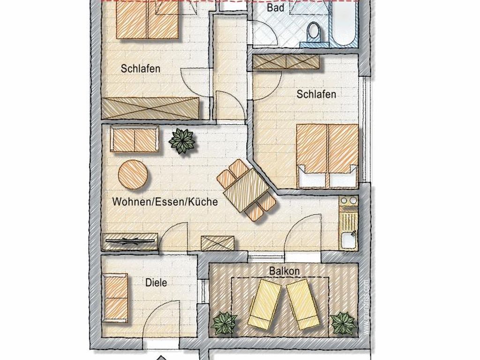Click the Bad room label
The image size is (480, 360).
(276, 7)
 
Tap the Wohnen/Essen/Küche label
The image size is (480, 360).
(165, 202)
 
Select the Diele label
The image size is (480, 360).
(156, 282)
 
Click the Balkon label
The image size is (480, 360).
(285, 271)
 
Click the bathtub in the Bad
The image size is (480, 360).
(345, 24)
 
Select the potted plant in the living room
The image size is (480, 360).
(182, 141)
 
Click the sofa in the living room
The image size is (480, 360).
(135, 139)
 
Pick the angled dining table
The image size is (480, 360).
(246, 190)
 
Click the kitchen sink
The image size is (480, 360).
(348, 240)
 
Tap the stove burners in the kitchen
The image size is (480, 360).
(349, 201)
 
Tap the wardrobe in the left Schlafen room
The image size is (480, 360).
(150, 108)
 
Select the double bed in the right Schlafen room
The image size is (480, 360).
(327, 156)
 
